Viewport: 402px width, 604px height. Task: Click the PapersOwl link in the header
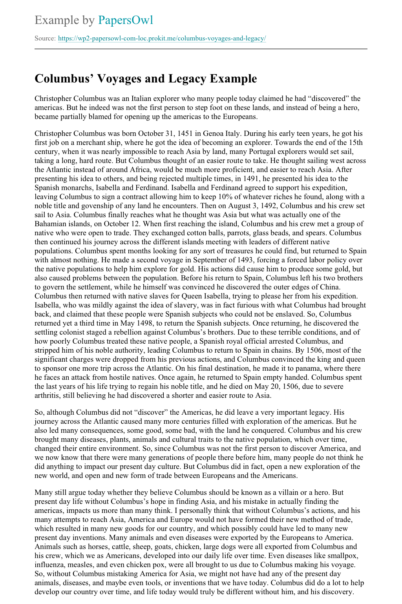coord(126,20)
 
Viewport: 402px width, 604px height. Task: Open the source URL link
coord(162,38)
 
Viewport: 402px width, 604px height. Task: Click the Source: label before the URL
coord(45,38)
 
